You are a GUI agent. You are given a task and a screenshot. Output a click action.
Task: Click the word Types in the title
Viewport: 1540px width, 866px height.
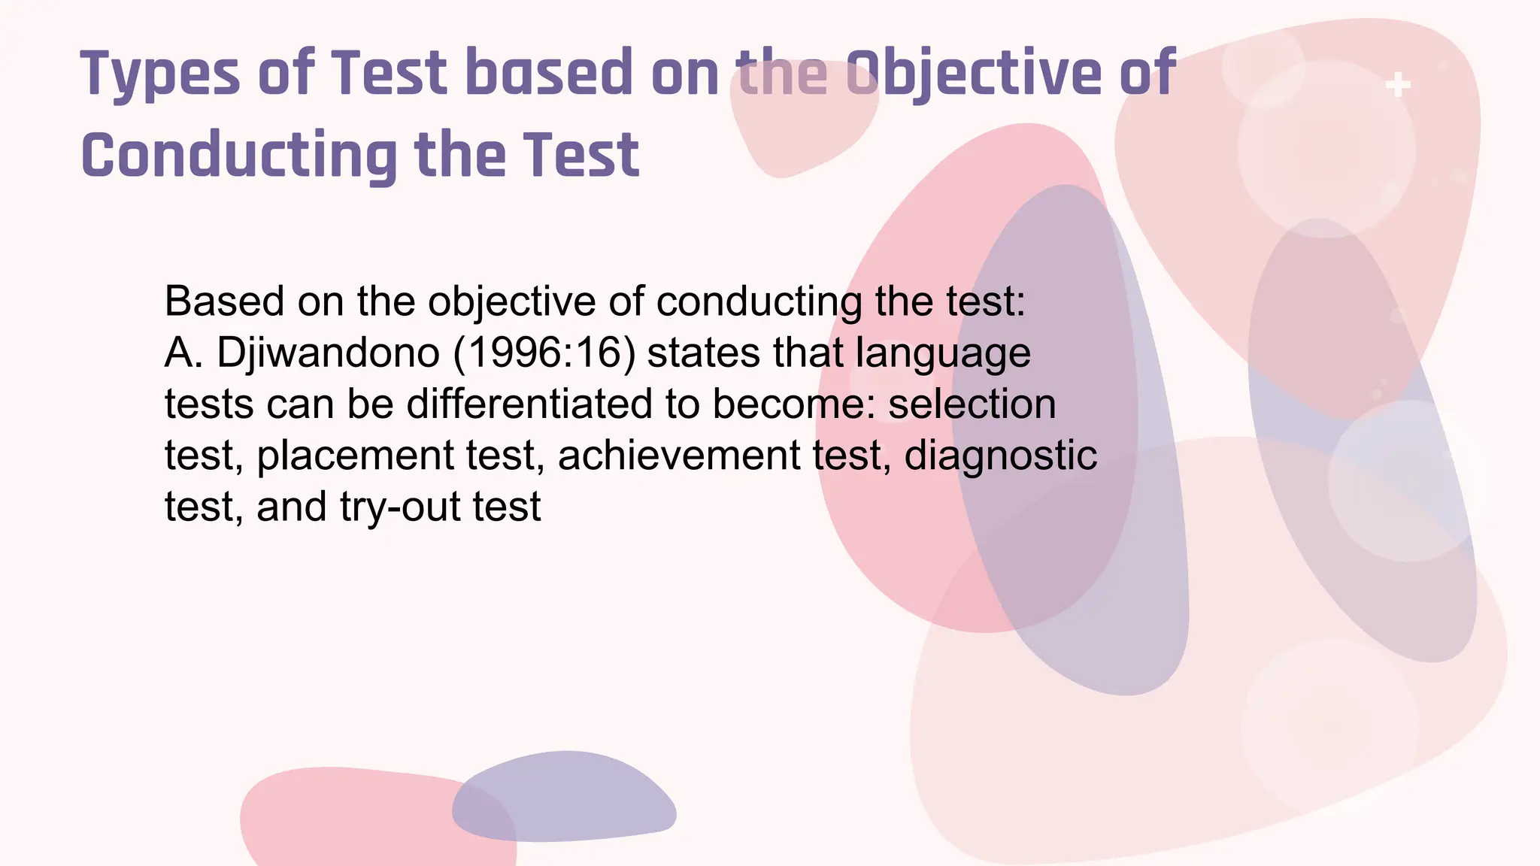[x=160, y=74]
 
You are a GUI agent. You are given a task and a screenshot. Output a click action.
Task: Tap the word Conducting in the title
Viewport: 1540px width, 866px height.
[x=238, y=156]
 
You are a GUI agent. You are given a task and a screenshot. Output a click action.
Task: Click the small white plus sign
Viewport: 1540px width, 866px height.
[x=1398, y=85]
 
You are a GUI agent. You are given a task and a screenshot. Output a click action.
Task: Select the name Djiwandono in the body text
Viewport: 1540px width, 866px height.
[x=328, y=353]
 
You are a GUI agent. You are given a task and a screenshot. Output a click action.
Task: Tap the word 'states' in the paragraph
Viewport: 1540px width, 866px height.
[x=703, y=353]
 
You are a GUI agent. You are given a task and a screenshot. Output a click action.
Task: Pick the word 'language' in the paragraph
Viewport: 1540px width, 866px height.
[x=943, y=354]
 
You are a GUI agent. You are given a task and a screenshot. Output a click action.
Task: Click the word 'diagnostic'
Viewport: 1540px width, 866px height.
[x=1000, y=456]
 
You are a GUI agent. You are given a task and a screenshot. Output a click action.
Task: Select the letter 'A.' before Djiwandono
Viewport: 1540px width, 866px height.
[x=183, y=353]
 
